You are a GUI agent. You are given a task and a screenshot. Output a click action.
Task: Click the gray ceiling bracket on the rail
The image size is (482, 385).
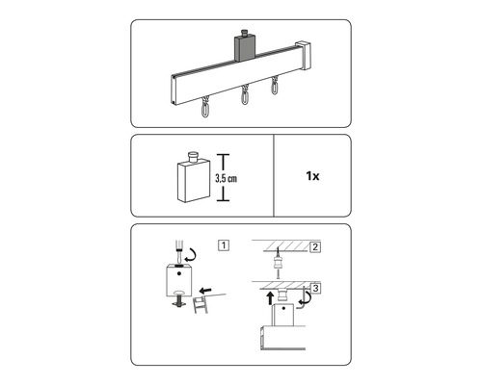click(x=245, y=48)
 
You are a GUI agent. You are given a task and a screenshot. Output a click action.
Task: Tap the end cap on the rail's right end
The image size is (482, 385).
click(x=303, y=55)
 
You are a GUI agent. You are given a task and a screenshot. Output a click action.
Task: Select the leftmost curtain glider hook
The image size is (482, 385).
click(x=204, y=108)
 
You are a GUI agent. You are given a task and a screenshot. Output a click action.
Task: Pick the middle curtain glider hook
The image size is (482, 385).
click(x=246, y=94)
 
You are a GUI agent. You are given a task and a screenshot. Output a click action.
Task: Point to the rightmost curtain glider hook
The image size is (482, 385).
click(x=274, y=85)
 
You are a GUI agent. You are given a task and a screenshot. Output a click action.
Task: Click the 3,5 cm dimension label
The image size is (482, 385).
click(x=226, y=178)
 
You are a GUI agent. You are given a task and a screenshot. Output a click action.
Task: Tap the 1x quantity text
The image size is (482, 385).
click(x=312, y=176)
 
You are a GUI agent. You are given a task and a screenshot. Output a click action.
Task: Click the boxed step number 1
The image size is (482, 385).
click(x=224, y=245)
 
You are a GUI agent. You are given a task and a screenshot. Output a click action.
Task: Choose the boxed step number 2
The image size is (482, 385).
click(x=315, y=247)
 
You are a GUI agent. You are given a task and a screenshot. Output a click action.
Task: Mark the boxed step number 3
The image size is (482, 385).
click(x=315, y=288)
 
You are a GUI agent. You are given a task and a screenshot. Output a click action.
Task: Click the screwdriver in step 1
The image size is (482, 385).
click(x=177, y=252)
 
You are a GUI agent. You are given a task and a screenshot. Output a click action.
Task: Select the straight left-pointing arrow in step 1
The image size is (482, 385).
click(x=205, y=291)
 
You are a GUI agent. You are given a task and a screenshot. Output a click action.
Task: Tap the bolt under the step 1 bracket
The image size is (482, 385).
click(x=179, y=299)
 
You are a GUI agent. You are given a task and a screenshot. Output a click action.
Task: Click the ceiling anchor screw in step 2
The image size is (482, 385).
click(x=278, y=262)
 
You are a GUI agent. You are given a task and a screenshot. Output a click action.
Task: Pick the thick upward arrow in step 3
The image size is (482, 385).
click(x=270, y=297)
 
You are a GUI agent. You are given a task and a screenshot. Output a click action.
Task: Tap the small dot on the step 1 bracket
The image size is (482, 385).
click(x=179, y=273)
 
